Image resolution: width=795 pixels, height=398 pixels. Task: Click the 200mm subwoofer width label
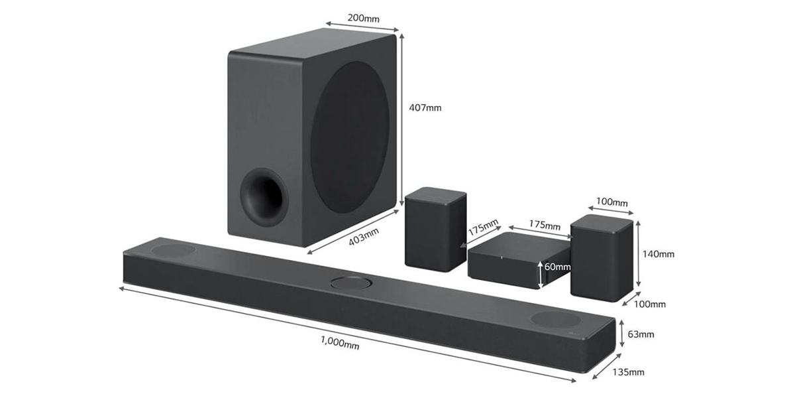coord(364,18)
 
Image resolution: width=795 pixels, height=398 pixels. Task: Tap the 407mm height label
coord(425,107)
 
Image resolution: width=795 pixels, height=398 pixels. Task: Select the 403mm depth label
coord(364,236)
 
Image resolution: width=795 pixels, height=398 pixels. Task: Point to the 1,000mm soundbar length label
coord(340,343)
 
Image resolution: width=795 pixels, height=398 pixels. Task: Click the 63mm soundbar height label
coord(641,334)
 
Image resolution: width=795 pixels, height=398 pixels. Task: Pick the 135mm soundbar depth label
coord(628,372)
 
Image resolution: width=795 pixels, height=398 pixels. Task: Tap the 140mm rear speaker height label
coord(659,254)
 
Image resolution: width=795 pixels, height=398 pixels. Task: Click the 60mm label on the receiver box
coord(558,267)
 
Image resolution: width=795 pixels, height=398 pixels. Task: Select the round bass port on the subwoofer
coord(264,198)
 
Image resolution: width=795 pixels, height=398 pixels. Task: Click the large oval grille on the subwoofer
coord(350,137)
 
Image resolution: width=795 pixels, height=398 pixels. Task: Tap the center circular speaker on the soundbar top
coord(351,284)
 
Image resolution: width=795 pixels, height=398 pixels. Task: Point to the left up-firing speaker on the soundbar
coord(174,250)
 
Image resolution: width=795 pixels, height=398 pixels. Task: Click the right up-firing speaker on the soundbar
coord(556,319)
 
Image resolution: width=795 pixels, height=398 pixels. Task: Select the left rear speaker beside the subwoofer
coord(435,230)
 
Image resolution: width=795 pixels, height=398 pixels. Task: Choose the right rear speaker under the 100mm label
coord(602,258)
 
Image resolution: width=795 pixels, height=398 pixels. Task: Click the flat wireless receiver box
coord(519,261)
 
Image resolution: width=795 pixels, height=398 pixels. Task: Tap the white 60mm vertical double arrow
coord(540,275)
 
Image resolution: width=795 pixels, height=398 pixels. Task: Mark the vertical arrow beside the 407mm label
coord(401,119)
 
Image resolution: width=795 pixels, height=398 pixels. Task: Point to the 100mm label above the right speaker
coord(612,202)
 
